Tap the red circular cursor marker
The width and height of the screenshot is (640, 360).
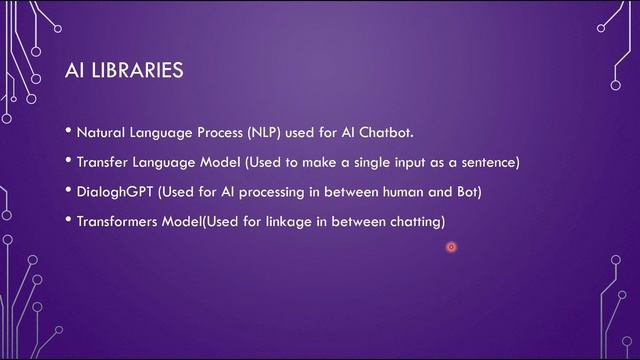(x=451, y=247)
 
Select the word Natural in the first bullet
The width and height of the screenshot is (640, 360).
(x=99, y=132)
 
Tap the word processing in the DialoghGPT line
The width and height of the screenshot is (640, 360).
(x=276, y=191)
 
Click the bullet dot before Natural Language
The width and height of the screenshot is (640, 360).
(x=69, y=131)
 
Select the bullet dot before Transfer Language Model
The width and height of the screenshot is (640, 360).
(x=69, y=161)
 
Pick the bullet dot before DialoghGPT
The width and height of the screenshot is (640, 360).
(x=69, y=190)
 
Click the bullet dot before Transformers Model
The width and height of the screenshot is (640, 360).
(x=69, y=220)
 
